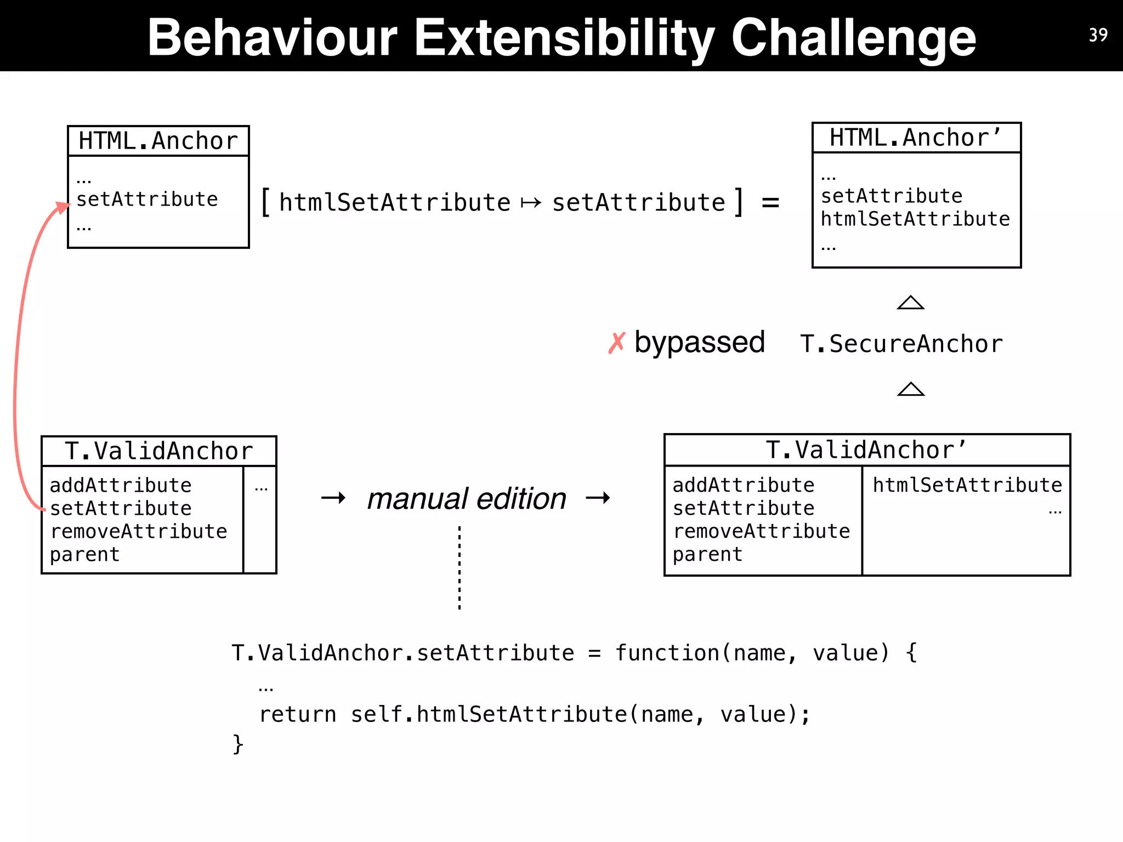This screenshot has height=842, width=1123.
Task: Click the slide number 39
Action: [x=1098, y=35]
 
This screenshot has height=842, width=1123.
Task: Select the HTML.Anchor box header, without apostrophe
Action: [x=158, y=141]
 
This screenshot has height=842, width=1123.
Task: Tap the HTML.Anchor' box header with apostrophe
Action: [x=916, y=138]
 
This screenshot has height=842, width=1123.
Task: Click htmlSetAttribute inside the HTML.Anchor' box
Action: [x=915, y=219]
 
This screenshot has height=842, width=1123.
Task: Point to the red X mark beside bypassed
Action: [x=616, y=343]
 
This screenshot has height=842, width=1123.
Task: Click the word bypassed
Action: [x=699, y=343]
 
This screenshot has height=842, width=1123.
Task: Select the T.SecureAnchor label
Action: [x=901, y=344]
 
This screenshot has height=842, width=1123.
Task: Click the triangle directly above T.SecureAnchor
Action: [x=910, y=303]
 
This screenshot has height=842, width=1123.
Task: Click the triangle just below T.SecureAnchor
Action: [x=910, y=389]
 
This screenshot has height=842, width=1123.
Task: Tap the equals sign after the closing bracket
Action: [x=770, y=203]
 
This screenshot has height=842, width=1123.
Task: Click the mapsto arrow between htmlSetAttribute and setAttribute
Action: [x=531, y=203]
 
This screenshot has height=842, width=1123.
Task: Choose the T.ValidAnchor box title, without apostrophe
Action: [x=158, y=451]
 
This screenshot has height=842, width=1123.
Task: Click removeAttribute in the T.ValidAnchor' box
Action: [x=761, y=531]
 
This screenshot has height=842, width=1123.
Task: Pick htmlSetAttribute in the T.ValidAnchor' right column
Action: [x=967, y=485]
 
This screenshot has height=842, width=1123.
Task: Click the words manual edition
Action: [x=467, y=499]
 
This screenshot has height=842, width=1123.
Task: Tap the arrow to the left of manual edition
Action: [x=333, y=498]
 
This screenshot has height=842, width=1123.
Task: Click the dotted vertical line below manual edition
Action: [x=460, y=567]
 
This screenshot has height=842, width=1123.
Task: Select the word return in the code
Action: [x=297, y=714]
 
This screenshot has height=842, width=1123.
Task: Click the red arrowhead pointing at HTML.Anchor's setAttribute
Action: [x=62, y=208]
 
